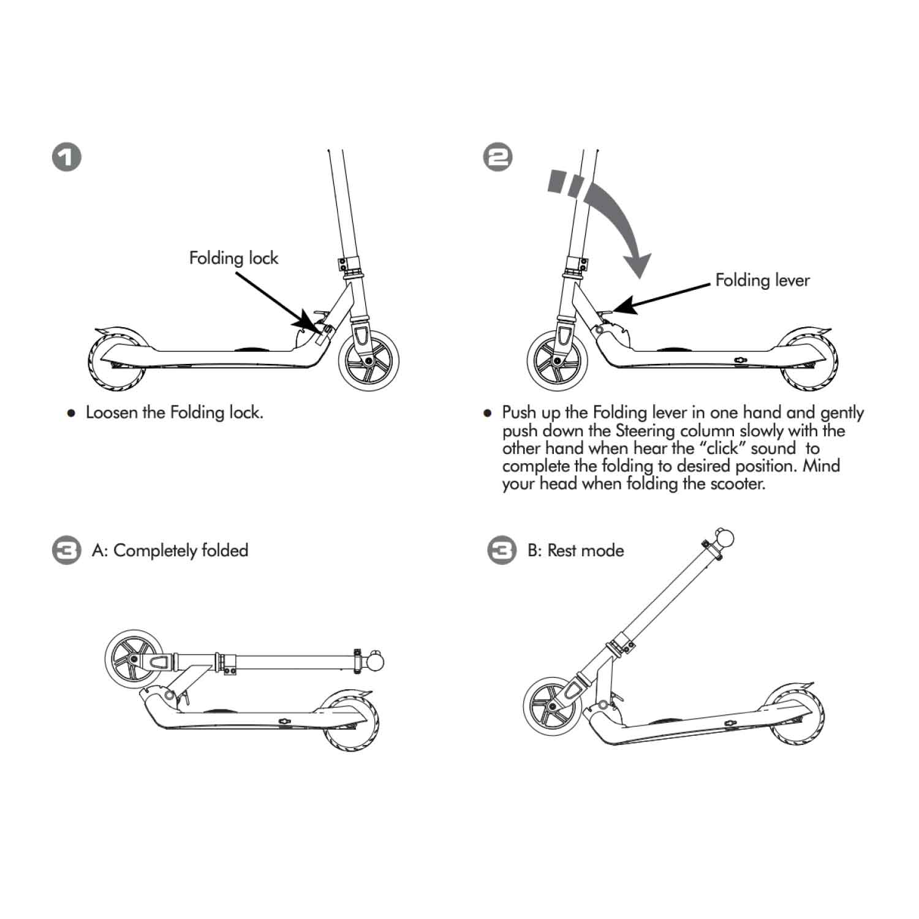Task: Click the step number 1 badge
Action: (66, 157)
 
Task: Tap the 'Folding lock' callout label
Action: (233, 258)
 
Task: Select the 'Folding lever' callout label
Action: (762, 281)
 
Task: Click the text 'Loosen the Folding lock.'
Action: (174, 412)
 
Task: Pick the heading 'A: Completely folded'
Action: (170, 550)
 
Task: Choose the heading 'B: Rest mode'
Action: (575, 550)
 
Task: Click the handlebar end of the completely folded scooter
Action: (375, 662)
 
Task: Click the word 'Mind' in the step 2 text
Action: (821, 466)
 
